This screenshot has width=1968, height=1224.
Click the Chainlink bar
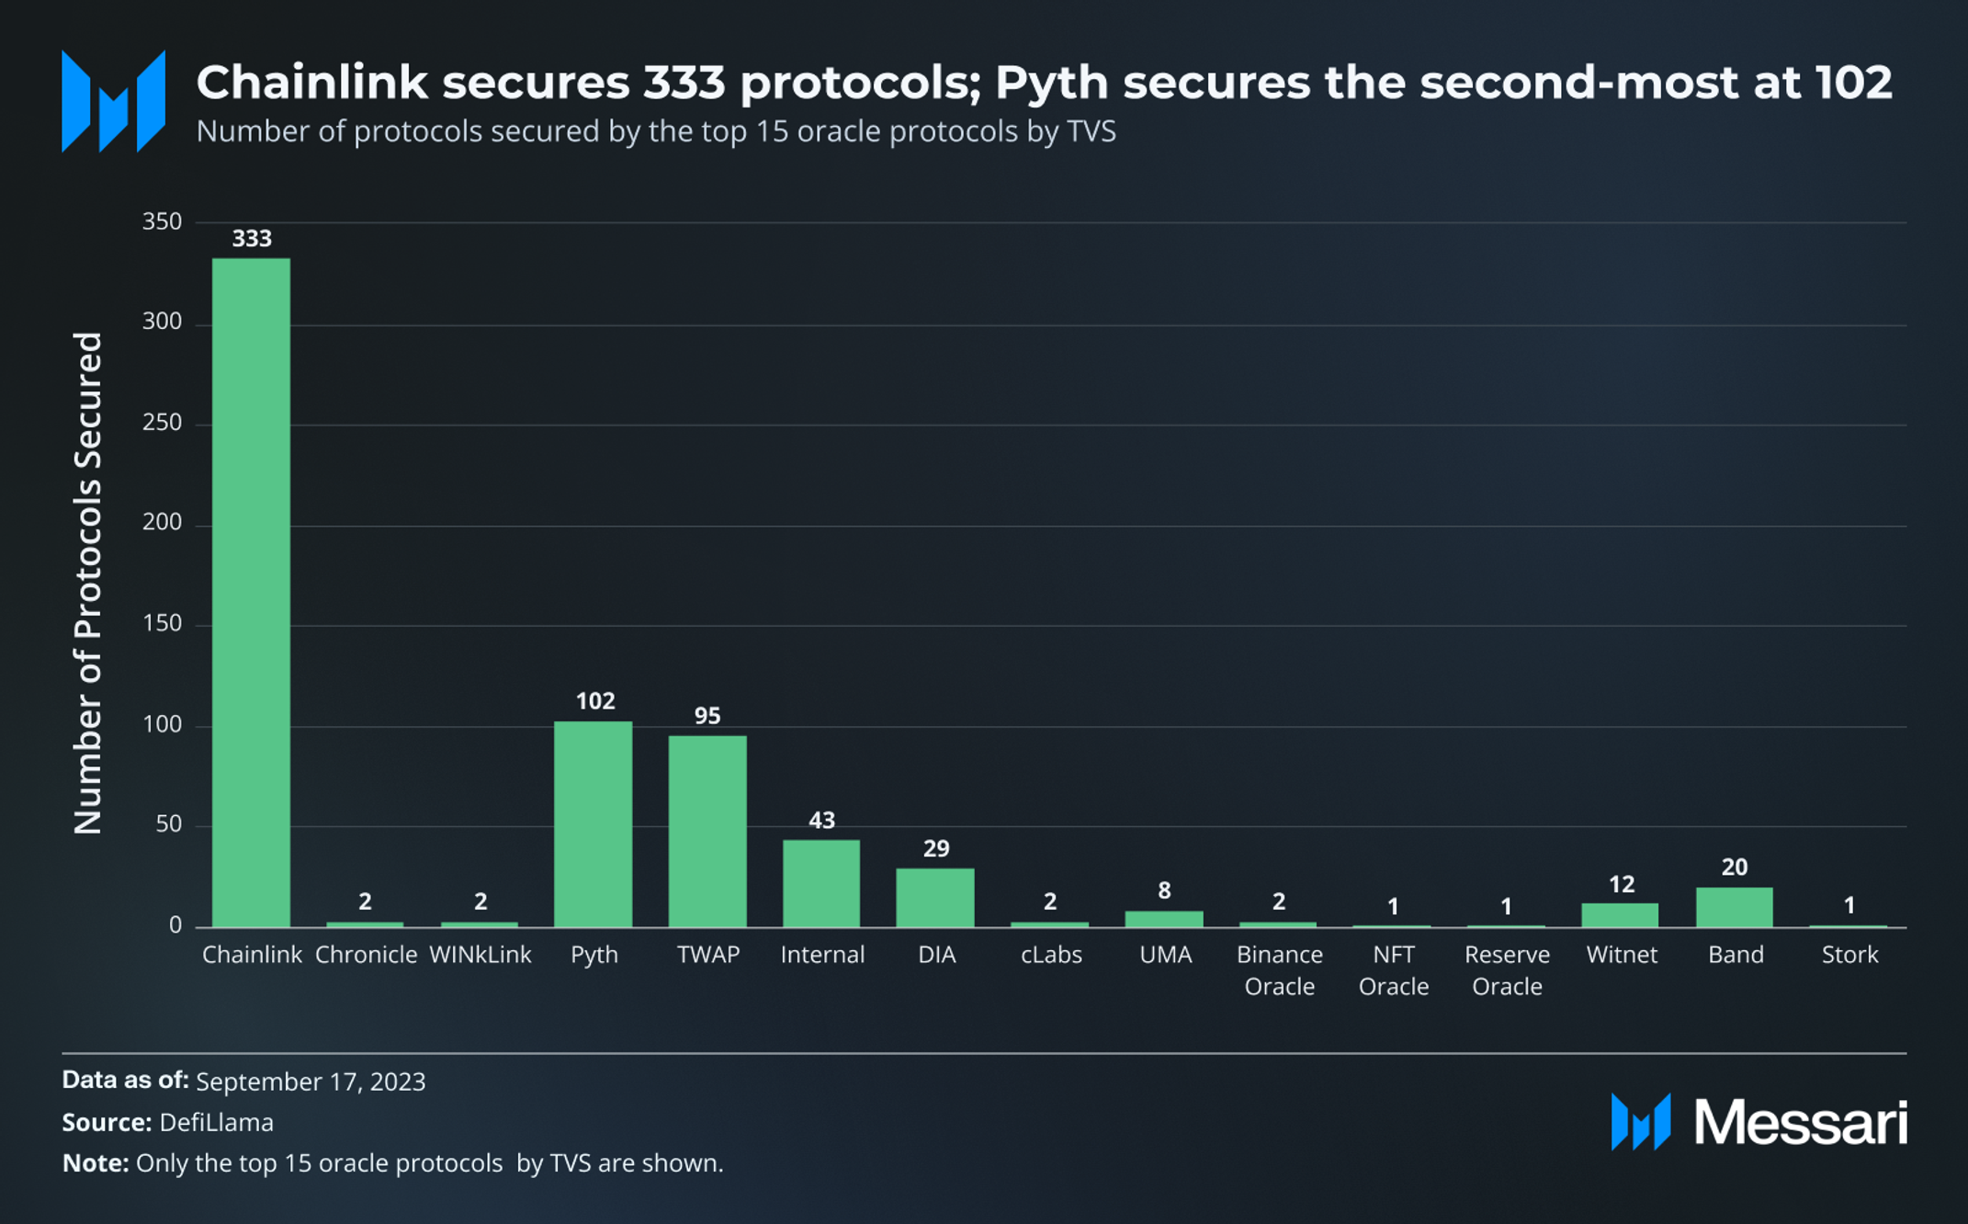coord(251,592)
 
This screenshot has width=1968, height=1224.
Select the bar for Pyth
coord(594,823)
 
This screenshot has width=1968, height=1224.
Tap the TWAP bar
coord(707,831)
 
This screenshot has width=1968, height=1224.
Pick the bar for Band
coord(1735,907)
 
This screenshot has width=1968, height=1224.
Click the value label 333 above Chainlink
coord(251,239)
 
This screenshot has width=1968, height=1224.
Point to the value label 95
coord(707,716)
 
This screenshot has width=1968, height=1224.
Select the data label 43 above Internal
coord(821,821)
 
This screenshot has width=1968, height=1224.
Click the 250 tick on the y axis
coord(162,423)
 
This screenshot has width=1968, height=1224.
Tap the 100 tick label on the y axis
coord(162,725)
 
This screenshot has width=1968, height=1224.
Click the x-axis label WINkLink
coord(480,955)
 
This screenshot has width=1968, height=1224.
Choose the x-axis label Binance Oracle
coord(1279,970)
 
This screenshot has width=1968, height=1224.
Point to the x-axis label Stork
coord(1849,955)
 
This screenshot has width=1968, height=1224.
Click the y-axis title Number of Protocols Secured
coord(88,583)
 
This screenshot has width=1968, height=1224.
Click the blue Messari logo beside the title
coord(113,101)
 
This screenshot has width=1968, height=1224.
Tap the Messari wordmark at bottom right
coord(1799,1122)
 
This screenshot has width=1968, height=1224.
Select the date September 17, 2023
coord(311,1082)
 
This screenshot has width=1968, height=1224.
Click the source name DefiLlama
coord(216,1123)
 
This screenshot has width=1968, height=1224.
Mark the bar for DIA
coord(935,897)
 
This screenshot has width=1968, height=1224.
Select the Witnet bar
coord(1620,915)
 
